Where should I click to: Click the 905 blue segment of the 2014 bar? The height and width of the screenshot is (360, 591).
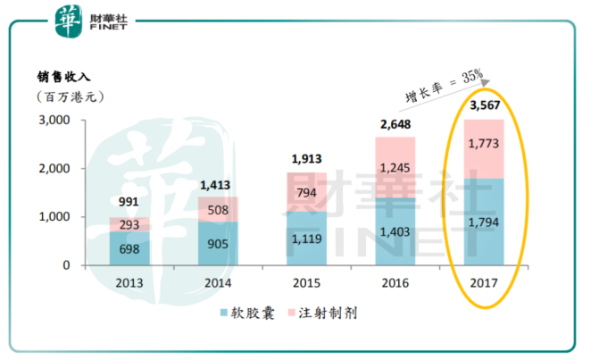pos(218,242)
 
